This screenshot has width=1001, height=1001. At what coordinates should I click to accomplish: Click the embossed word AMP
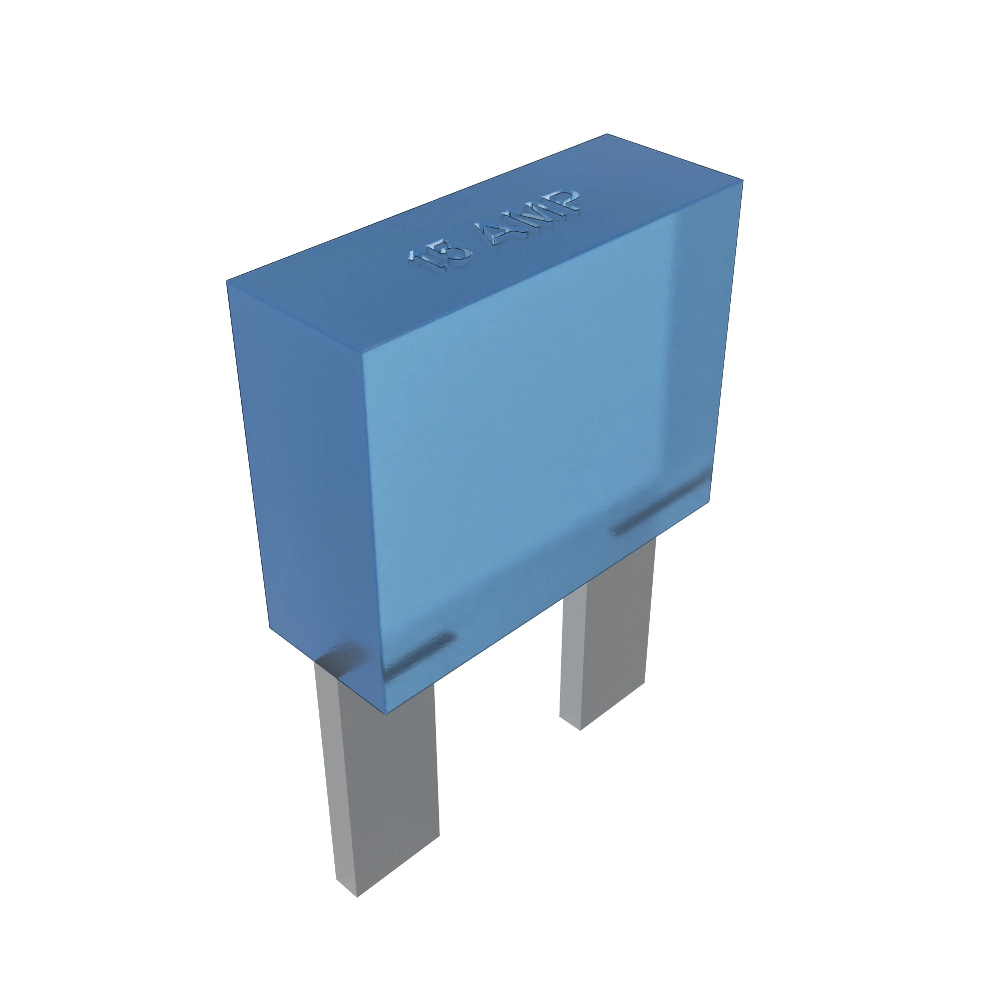pos(534,217)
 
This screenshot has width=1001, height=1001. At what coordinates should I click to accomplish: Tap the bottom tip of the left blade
pos(357,894)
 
